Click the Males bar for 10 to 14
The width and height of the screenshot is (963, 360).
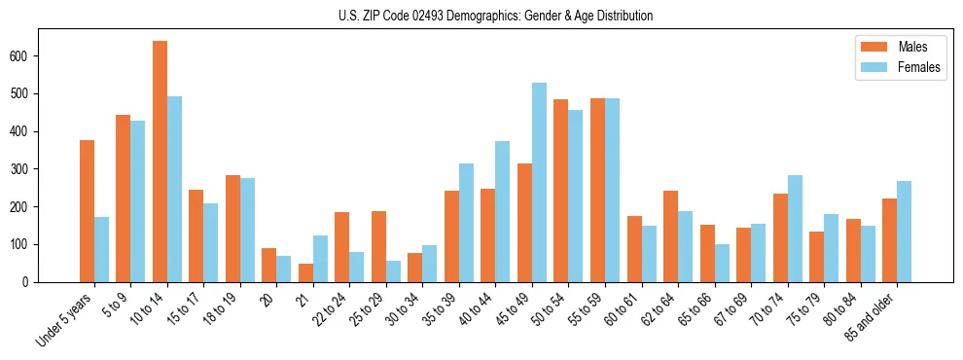[x=160, y=162]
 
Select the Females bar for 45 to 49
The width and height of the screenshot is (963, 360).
[x=539, y=183]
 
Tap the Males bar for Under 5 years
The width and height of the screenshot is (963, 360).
[x=87, y=211]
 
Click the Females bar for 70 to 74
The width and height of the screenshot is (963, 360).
[x=795, y=229]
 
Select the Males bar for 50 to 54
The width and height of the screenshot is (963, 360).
[x=561, y=191]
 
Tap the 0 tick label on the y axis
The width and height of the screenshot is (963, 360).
[x=31, y=282]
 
